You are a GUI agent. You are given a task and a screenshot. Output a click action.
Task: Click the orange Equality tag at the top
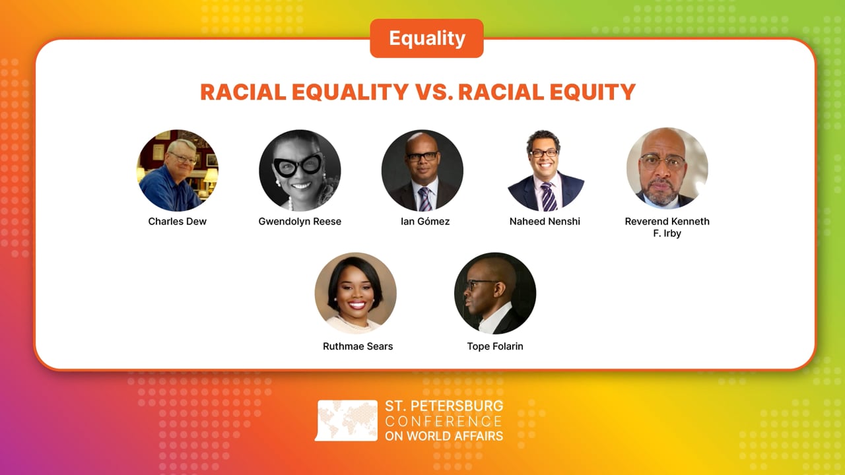click(x=426, y=38)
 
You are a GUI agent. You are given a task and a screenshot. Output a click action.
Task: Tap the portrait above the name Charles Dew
click(x=178, y=170)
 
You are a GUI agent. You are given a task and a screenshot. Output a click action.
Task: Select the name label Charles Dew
click(x=177, y=222)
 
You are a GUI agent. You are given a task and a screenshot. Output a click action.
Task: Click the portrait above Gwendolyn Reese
click(x=300, y=170)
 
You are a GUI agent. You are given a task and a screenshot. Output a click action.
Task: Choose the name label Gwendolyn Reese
click(x=300, y=222)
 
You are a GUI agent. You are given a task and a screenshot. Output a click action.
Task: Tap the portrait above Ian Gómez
click(x=422, y=170)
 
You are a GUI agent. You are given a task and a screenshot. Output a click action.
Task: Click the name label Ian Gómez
click(x=425, y=222)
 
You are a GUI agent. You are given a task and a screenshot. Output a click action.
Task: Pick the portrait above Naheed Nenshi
click(x=545, y=170)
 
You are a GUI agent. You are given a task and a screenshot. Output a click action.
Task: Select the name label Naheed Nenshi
click(x=545, y=222)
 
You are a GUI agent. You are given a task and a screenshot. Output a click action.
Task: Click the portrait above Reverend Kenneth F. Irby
click(x=667, y=168)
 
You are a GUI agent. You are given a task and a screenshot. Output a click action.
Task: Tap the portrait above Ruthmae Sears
click(x=356, y=293)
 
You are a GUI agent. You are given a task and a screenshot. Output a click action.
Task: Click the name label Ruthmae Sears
click(x=358, y=346)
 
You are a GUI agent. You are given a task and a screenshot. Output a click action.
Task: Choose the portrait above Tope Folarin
click(x=495, y=293)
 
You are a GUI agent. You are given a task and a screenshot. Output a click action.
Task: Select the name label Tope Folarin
click(x=495, y=346)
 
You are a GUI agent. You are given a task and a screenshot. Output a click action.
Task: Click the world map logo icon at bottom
click(x=347, y=420)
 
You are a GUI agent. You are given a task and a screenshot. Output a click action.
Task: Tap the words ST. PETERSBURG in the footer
click(x=444, y=406)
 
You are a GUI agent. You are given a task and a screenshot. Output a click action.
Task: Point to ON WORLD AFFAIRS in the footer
click(x=444, y=435)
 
